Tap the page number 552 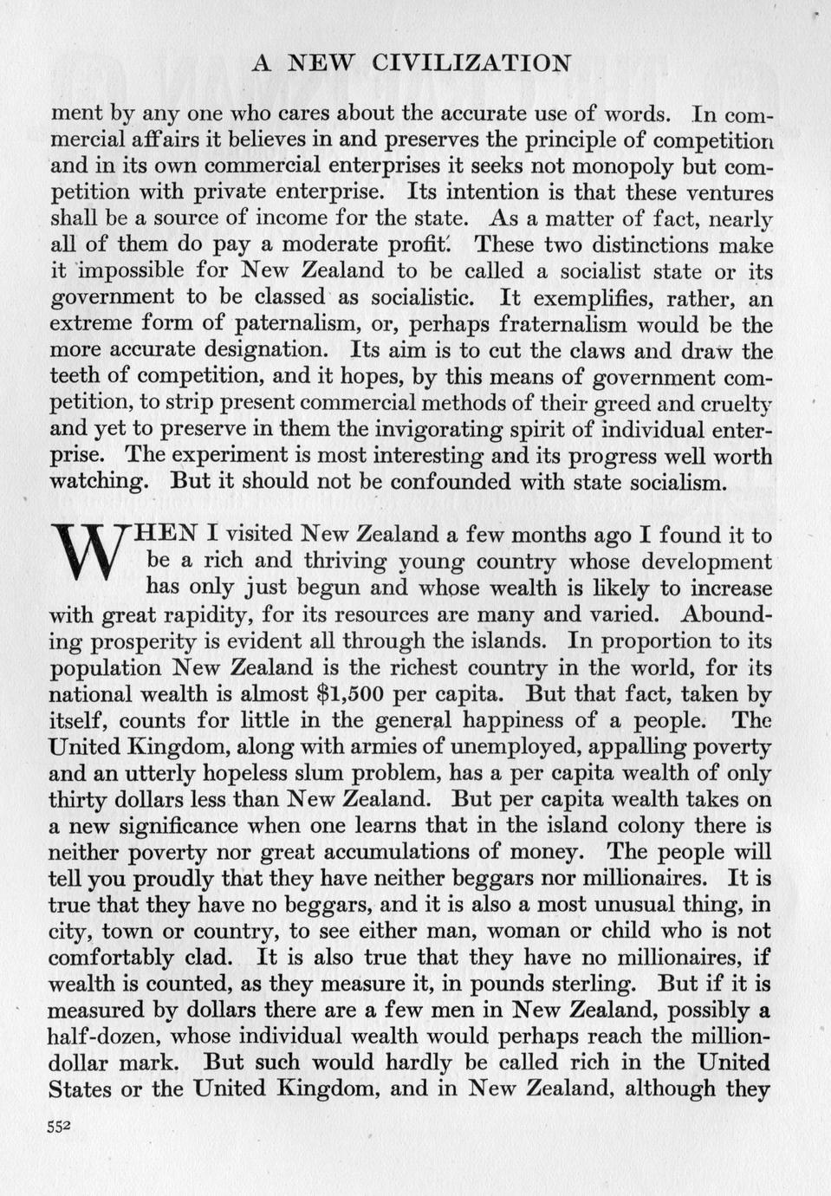click(x=58, y=1127)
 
